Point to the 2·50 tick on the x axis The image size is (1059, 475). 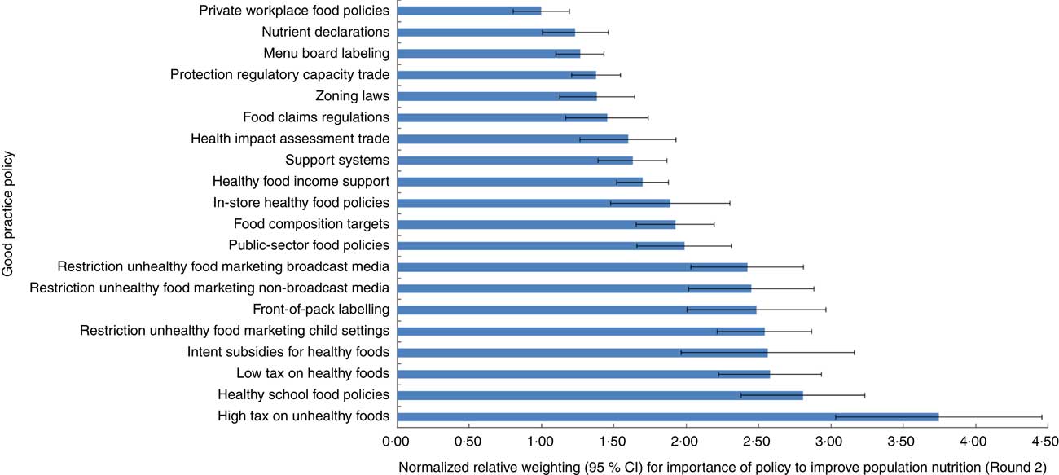[758, 442]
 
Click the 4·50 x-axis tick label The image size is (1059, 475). [1045, 442]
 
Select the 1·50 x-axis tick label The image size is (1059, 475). [613, 442]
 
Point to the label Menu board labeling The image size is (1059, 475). [326, 54]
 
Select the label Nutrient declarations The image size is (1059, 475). [325, 33]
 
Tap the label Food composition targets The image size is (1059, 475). [311, 224]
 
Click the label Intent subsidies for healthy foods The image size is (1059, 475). [288, 352]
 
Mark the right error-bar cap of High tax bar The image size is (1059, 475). [1042, 417]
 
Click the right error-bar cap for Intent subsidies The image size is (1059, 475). [854, 353]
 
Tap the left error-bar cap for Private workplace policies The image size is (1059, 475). [513, 11]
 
